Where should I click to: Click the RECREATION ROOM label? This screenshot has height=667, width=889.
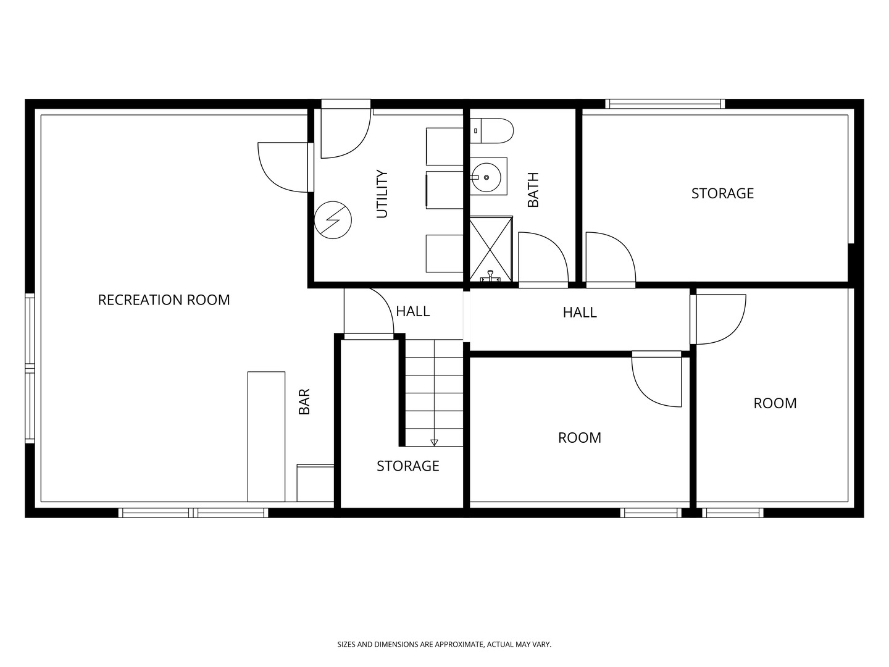[x=164, y=300]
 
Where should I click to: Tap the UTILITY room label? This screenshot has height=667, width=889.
[x=382, y=194]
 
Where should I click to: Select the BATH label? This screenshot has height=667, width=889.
[x=533, y=190]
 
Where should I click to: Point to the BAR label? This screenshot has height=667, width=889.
[x=304, y=401]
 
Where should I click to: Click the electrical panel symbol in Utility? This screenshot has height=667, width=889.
[x=333, y=220]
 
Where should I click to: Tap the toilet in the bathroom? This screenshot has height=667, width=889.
[x=491, y=131]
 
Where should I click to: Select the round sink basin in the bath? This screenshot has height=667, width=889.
[x=486, y=177]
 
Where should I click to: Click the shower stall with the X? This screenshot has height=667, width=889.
[x=491, y=249]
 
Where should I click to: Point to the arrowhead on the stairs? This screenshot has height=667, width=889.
[x=434, y=443]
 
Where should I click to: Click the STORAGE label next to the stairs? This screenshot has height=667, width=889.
[x=408, y=466]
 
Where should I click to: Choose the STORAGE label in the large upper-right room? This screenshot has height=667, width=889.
[x=722, y=193]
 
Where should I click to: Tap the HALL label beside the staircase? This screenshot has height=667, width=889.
[x=413, y=311]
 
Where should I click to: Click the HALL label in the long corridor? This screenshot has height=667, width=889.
[x=580, y=313]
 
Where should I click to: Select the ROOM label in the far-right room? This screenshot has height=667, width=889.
[x=775, y=403]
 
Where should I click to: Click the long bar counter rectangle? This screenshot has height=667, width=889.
[x=266, y=437]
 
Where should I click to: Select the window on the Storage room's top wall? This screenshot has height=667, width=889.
[x=665, y=104]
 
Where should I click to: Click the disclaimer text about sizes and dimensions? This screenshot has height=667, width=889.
[x=444, y=644]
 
